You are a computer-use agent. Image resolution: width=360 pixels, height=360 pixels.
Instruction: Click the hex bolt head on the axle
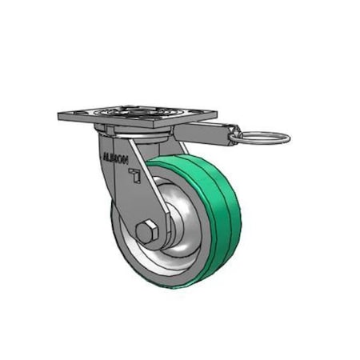(146, 233)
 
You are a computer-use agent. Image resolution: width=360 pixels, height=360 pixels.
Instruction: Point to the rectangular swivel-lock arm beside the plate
(204, 133)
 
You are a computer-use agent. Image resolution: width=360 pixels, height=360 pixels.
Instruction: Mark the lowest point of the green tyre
(172, 286)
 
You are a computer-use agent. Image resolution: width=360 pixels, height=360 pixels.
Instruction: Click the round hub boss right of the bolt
(169, 233)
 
